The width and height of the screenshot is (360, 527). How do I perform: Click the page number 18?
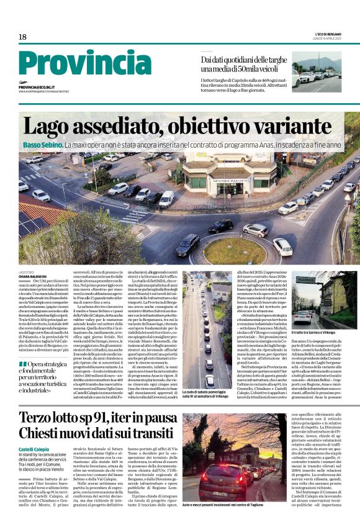click(22, 37)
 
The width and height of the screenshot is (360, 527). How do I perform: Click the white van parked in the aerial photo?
click(166, 199)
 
